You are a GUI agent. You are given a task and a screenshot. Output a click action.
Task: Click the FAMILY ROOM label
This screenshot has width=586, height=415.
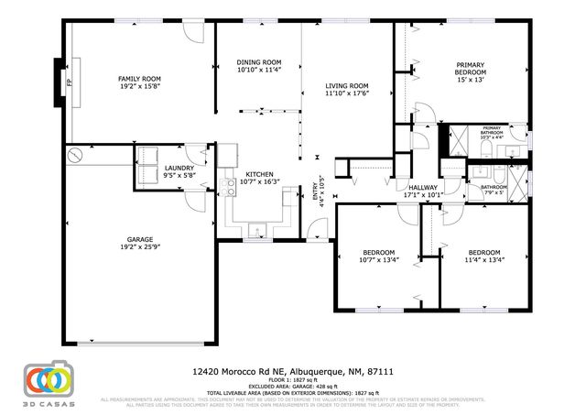coord(139,79)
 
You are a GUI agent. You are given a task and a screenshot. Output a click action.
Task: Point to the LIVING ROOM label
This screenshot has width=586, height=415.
coord(347,86)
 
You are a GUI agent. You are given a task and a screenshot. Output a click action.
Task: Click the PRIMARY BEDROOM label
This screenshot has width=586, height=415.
coord(471,68)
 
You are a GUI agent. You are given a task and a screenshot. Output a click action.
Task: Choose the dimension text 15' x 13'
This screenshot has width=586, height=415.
coord(471,81)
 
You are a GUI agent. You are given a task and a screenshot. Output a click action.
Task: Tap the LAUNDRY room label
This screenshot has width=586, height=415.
coord(179,168)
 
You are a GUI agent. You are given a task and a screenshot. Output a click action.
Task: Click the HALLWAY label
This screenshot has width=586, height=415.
coord(423,187)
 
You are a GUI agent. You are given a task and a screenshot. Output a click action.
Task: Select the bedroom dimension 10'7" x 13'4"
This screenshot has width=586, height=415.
coord(378,259)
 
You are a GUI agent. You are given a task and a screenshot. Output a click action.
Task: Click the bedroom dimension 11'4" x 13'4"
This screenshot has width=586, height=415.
coord(484,259)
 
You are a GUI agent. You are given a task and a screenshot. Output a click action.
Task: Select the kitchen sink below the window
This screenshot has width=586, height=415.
coord(259,231)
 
